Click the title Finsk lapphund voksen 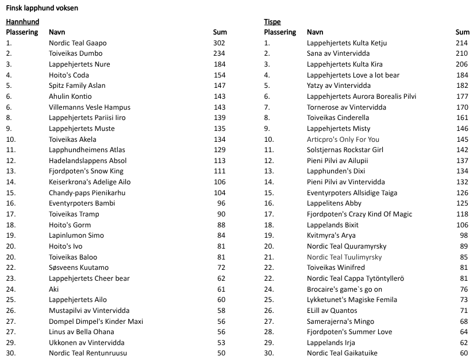[42, 9]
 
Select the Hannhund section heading [21, 22]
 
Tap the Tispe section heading [272, 22]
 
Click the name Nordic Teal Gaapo [78, 43]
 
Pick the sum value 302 [219, 43]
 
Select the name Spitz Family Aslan [77, 86]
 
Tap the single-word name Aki [54, 289]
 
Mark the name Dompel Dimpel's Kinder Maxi [96, 322]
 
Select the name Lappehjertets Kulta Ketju [347, 43]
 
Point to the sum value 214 [462, 43]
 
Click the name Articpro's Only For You [343, 140]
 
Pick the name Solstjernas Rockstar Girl [345, 150]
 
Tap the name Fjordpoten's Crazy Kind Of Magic [359, 214]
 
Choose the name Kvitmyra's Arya [331, 235]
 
